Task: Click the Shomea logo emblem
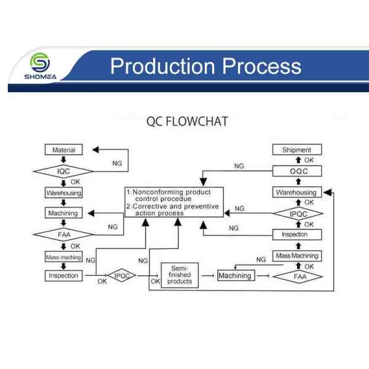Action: [x=40, y=63]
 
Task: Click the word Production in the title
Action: [x=162, y=66]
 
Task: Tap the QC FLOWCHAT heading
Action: [x=188, y=121]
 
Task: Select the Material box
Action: [x=63, y=149]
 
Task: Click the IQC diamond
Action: [x=63, y=171]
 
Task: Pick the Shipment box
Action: [x=297, y=149]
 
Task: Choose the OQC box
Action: [x=297, y=171]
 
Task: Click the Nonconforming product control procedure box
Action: [x=174, y=202]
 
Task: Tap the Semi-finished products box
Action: [x=180, y=275]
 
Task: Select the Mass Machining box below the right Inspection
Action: [x=297, y=256]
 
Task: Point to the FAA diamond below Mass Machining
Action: [x=298, y=277]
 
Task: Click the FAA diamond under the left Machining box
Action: [x=63, y=235]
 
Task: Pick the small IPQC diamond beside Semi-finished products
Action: [x=121, y=276]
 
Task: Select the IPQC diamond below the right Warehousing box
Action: [x=298, y=213]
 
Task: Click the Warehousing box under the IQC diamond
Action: [x=63, y=192]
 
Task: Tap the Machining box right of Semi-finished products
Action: [x=236, y=276]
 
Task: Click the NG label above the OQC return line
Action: [x=239, y=166]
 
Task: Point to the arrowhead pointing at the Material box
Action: [x=95, y=149]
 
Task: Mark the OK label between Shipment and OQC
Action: [x=309, y=161]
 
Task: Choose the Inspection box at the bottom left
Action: [x=63, y=276]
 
